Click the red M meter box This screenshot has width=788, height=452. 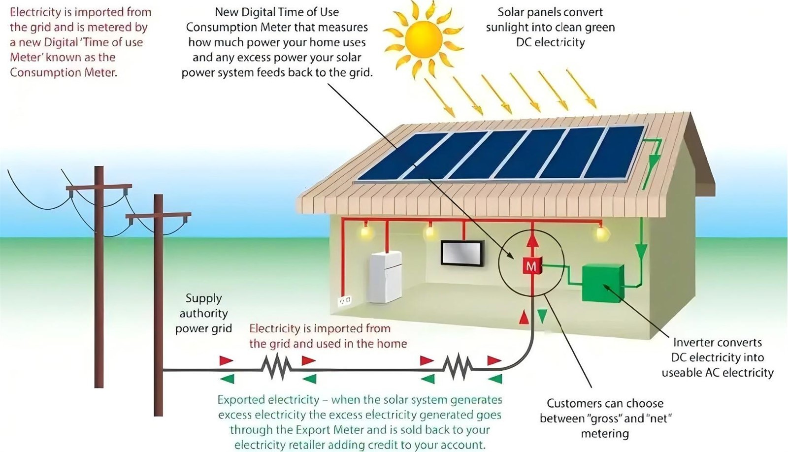(531, 266)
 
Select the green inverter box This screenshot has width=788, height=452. (603, 283)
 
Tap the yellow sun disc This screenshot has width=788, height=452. (423, 39)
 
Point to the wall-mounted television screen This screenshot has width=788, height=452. (462, 253)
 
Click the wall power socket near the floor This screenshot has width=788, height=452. (345, 301)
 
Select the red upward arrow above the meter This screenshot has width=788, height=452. (532, 241)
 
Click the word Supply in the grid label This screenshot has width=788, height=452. (204, 299)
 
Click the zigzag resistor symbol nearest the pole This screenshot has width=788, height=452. (276, 367)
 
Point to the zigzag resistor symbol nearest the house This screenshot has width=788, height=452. (458, 367)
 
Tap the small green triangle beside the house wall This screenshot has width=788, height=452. (542, 316)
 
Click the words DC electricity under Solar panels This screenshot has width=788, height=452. (551, 42)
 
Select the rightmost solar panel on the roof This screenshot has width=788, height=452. (615, 153)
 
